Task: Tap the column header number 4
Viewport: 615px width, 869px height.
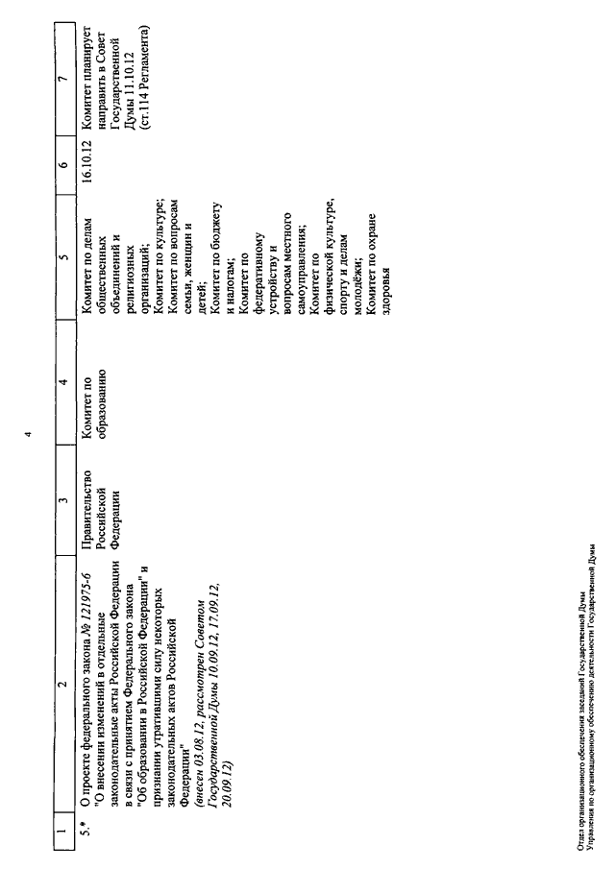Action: click(65, 382)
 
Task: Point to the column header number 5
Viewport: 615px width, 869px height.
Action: click(65, 256)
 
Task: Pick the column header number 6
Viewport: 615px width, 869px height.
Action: click(65, 164)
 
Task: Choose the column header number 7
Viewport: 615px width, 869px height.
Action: click(65, 78)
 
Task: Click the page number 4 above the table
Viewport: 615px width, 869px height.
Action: click(29, 434)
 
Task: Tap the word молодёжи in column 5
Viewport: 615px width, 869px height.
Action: click(357, 289)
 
